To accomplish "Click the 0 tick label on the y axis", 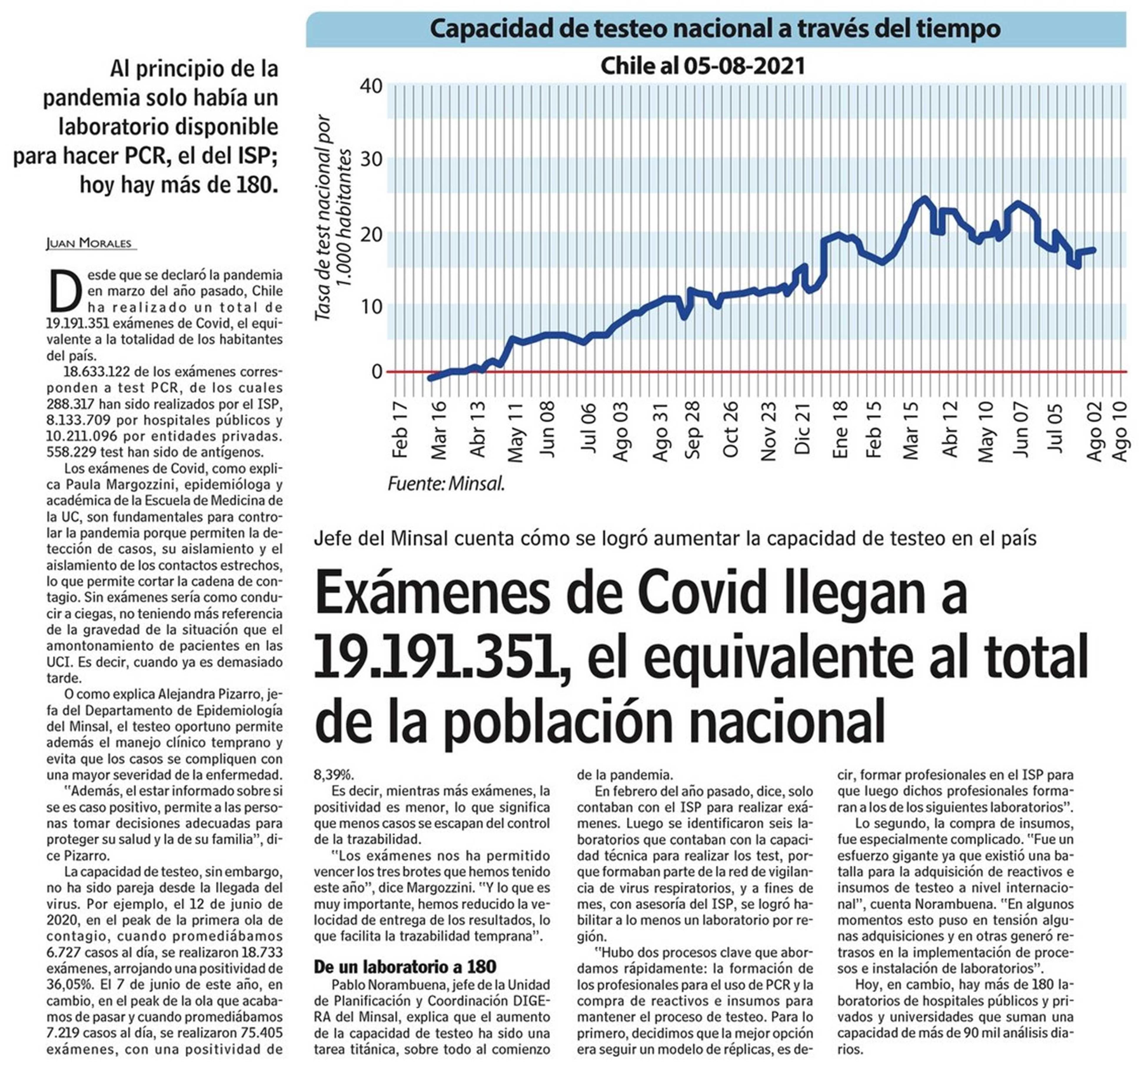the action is [377, 372].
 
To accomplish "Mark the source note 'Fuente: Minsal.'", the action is [446, 484].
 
